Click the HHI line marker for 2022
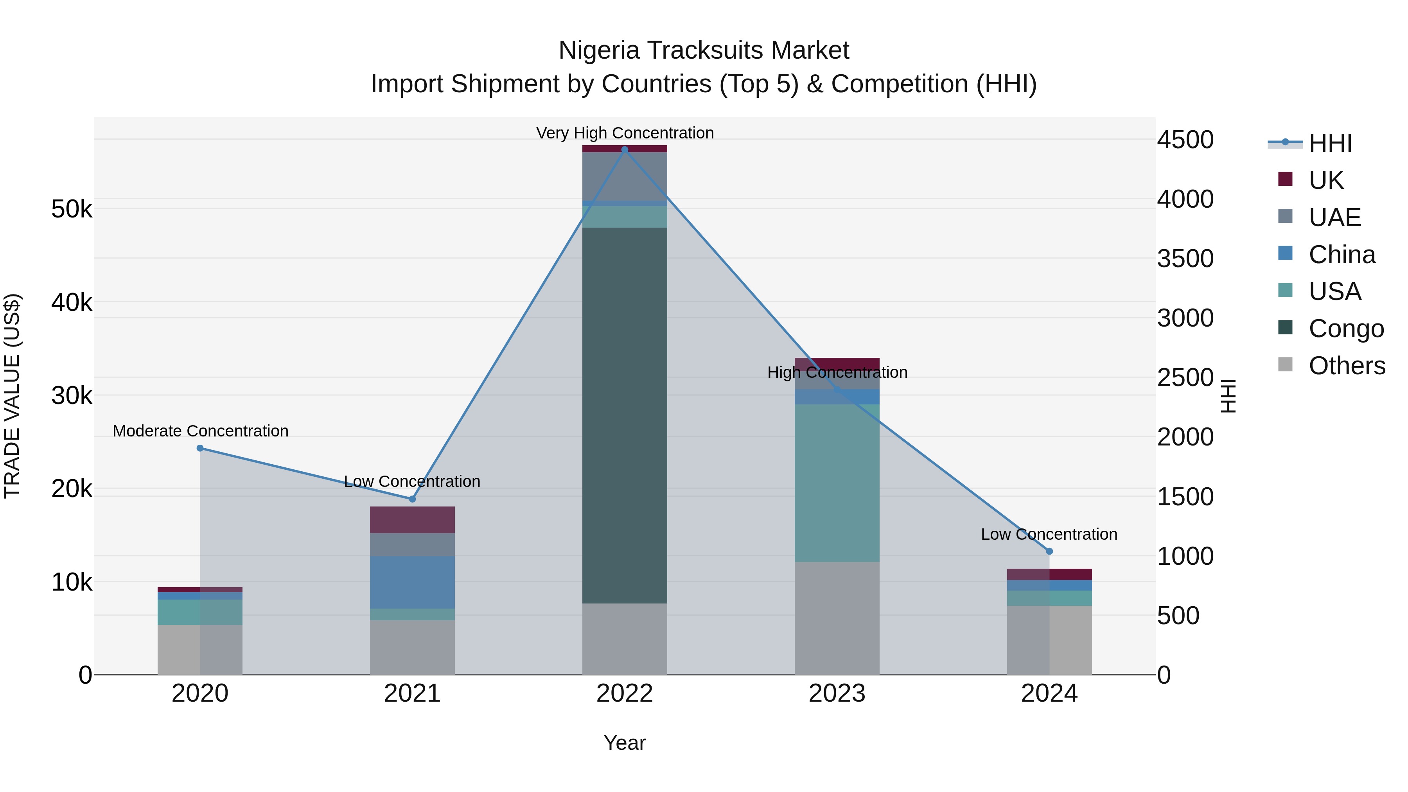tap(625, 150)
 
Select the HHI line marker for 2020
tap(200, 448)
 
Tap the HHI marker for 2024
tap(1049, 551)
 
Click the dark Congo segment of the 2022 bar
tap(625, 415)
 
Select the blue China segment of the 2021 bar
tap(412, 582)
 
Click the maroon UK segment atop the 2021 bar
tap(412, 519)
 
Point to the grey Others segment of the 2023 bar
tap(837, 618)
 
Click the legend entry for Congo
tap(1346, 329)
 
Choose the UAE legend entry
tap(1334, 217)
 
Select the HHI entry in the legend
tap(1330, 143)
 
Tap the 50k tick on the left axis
tap(72, 209)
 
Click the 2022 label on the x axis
tap(625, 693)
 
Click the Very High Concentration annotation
tap(625, 133)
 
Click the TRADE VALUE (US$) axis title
tap(12, 396)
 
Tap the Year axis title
tap(625, 743)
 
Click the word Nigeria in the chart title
tap(598, 50)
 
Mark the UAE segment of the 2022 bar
tap(625, 176)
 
